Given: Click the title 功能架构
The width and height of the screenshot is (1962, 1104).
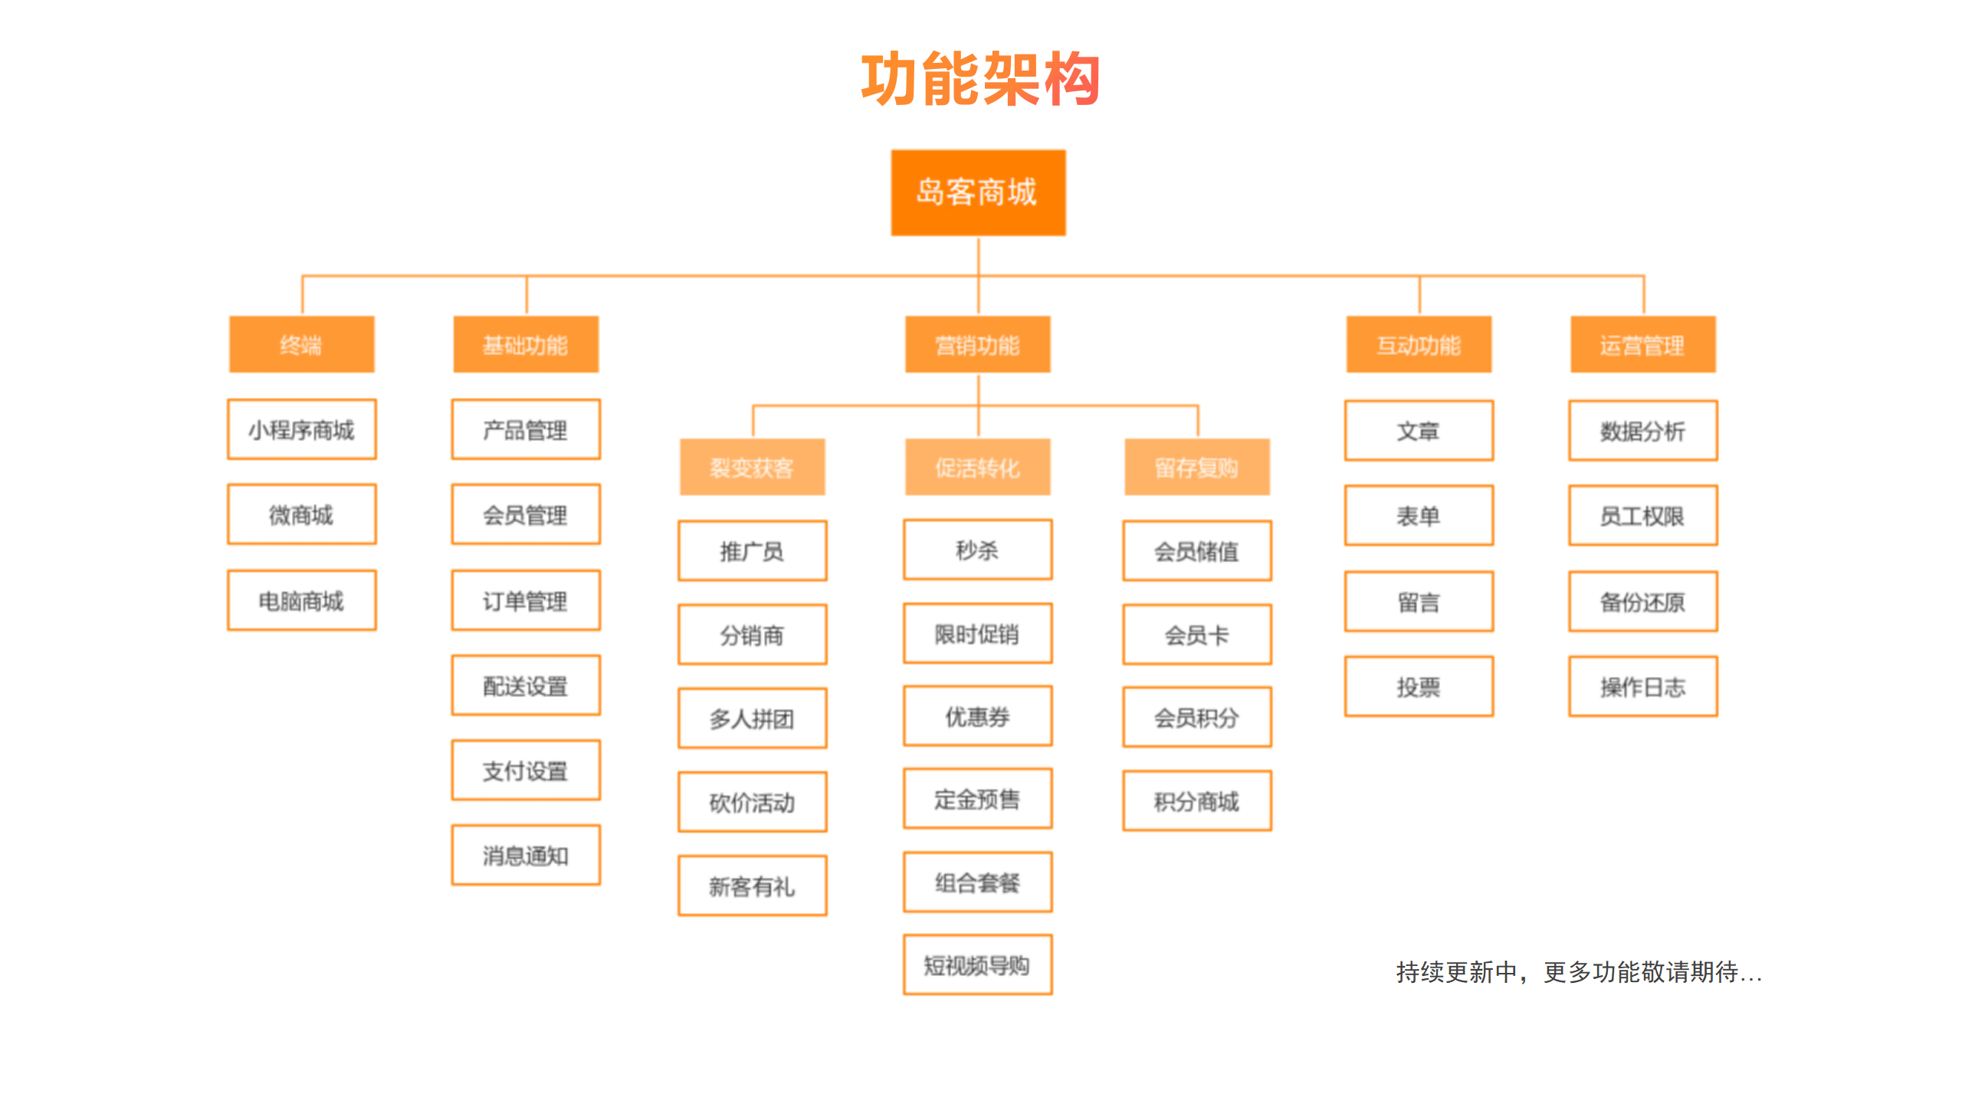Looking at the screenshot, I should click(x=980, y=79).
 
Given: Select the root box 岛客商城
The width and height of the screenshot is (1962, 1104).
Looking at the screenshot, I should click(x=977, y=192).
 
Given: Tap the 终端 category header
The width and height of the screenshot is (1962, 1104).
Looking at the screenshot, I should click(x=301, y=345).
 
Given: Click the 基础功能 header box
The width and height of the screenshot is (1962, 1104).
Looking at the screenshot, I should click(x=526, y=345).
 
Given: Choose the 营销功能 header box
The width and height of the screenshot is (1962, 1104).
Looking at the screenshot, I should click(x=977, y=345).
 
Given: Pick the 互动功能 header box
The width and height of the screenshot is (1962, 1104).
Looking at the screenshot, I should click(x=1419, y=345).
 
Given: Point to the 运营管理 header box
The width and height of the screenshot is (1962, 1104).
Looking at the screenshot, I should click(x=1642, y=345).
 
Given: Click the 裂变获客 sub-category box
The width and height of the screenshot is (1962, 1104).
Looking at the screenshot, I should click(x=752, y=467).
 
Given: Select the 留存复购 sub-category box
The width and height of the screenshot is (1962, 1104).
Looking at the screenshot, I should click(x=1196, y=467).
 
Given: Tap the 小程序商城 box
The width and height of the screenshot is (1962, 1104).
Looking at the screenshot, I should click(x=301, y=429).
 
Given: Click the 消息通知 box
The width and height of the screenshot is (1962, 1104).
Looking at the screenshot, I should click(x=526, y=855).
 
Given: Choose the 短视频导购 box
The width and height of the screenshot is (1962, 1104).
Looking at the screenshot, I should click(x=977, y=964).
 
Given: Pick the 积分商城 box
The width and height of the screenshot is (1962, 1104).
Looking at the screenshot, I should click(x=1196, y=801).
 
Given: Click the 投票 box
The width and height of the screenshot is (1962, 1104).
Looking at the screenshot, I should click(x=1419, y=686).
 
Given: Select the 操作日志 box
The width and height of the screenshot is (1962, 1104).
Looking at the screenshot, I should click(x=1642, y=686).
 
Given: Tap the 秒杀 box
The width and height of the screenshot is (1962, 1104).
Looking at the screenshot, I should click(x=977, y=550).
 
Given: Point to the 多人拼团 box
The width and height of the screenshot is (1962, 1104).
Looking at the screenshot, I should click(x=752, y=718).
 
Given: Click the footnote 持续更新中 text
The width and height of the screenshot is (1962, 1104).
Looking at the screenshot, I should click(x=1579, y=971).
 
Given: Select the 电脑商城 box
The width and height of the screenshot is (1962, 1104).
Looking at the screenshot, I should click(x=301, y=600).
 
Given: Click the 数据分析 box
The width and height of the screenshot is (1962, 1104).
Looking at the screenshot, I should click(x=1642, y=430).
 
